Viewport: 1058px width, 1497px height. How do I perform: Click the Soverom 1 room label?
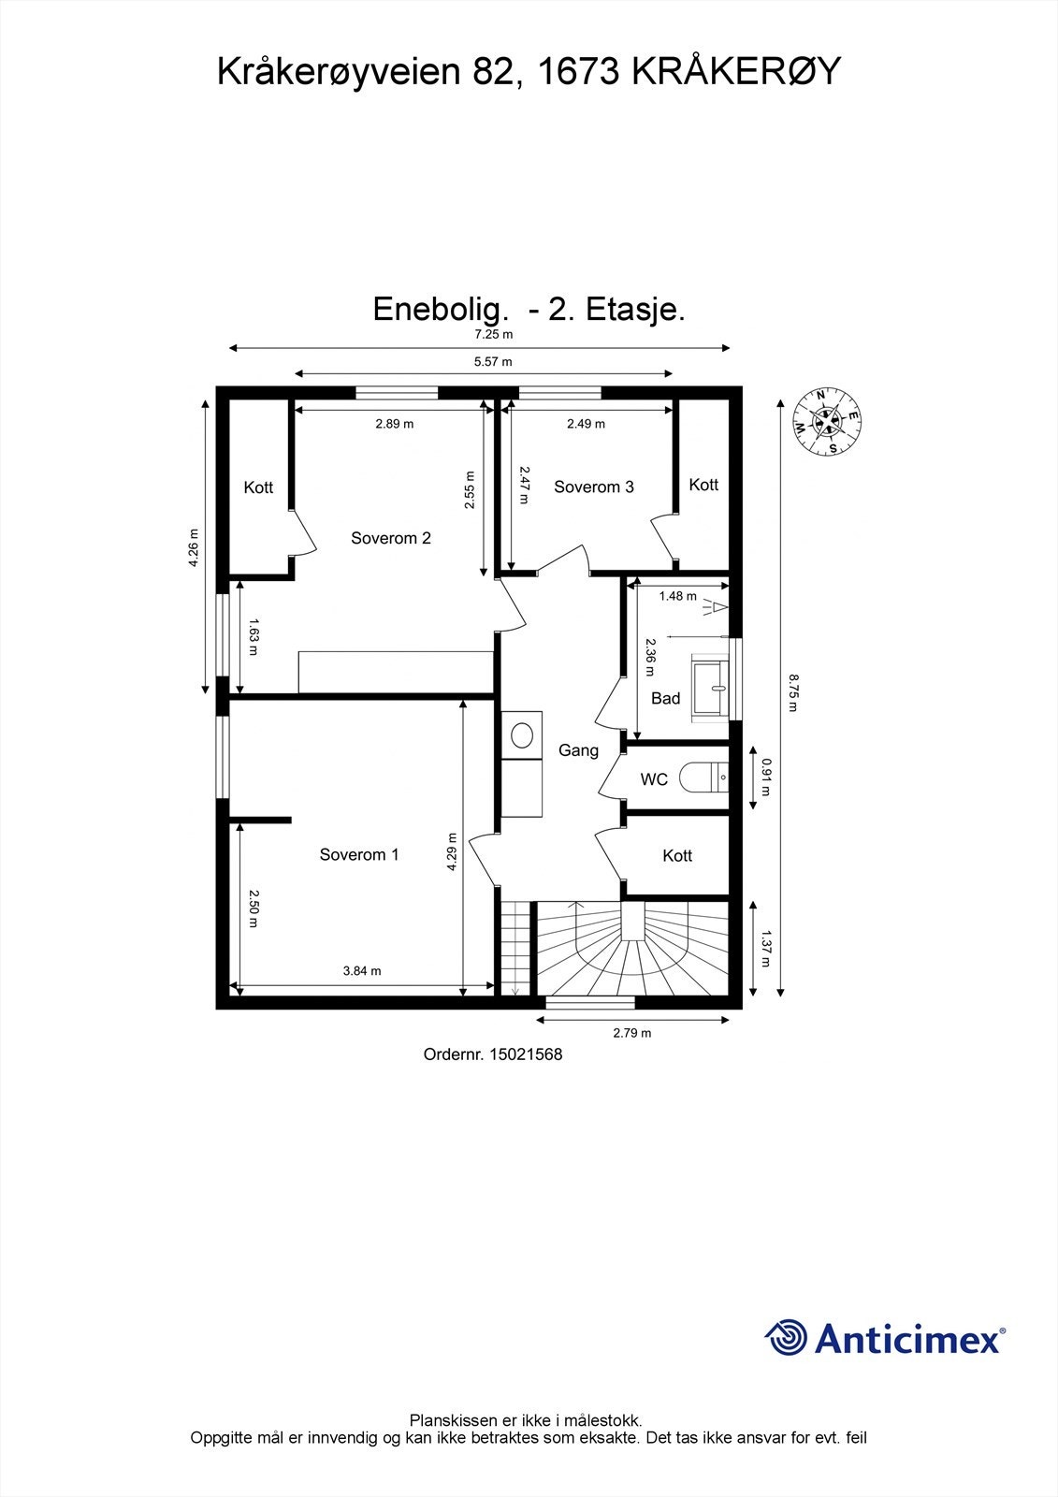coord(359,854)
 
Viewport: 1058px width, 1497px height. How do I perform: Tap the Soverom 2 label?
coord(391,538)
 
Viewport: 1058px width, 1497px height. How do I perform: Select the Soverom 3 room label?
coord(593,487)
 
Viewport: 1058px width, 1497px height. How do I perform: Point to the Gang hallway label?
coord(578,750)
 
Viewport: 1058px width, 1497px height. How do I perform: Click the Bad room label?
coord(666,698)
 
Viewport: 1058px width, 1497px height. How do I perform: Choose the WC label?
coord(654,779)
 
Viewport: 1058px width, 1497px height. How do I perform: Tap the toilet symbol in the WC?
coord(703,778)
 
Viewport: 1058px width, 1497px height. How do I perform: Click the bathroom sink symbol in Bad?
coord(710,687)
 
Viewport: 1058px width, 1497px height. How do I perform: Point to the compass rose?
coord(827,422)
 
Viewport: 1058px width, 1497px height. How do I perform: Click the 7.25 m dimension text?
coord(493,334)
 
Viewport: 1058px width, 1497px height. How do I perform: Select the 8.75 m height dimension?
coord(792,693)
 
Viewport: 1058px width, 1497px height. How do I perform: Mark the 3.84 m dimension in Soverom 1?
coord(362,970)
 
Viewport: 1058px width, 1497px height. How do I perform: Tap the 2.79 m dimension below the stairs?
coord(632,1033)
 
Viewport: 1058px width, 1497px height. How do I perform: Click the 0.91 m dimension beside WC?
coord(766,778)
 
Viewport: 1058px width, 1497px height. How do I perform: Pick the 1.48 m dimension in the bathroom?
coord(677,595)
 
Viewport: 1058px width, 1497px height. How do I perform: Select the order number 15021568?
coord(526,1054)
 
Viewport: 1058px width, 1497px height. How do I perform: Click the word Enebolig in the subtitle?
coord(437,310)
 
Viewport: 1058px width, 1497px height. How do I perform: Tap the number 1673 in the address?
coord(579,71)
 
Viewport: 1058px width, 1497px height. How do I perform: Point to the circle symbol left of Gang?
coord(522,735)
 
